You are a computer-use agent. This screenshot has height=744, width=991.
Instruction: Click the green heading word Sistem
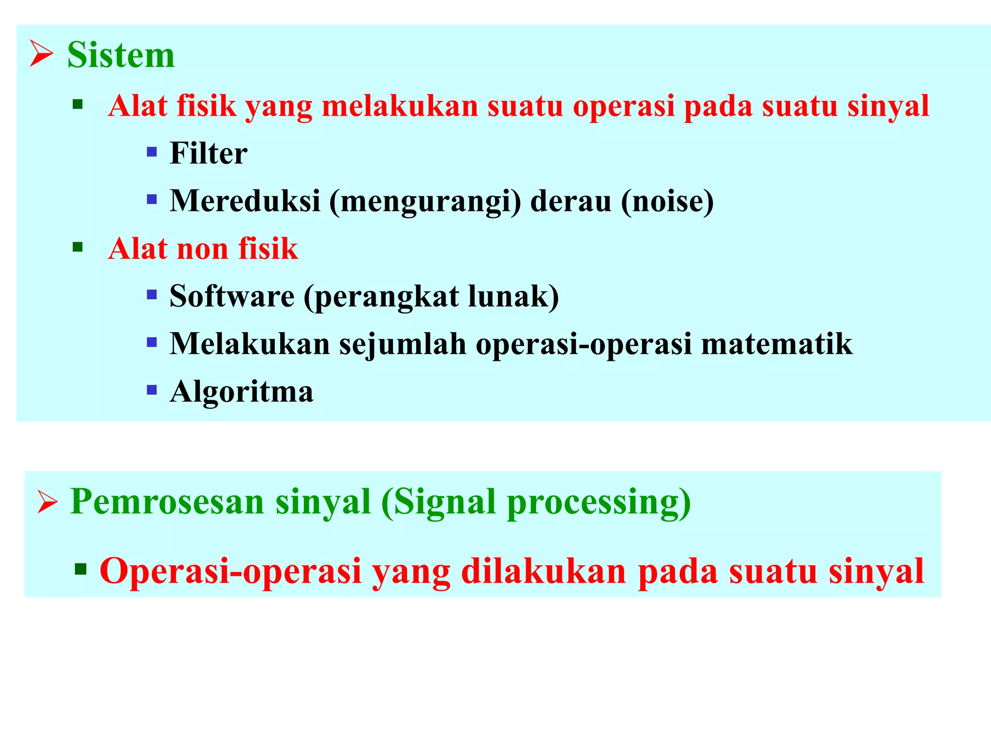click(120, 55)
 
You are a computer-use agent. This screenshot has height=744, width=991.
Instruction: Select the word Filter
click(209, 154)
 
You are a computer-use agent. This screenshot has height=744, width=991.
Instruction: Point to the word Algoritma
click(241, 391)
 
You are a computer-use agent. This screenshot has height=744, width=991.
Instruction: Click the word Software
click(232, 296)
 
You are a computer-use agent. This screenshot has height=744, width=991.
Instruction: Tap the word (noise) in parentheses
click(667, 201)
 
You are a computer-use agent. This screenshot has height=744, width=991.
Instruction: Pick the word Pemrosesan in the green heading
click(167, 502)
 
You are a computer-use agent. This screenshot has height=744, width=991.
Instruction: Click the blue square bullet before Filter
click(151, 153)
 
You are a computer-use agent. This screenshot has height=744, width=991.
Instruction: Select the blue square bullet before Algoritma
click(151, 390)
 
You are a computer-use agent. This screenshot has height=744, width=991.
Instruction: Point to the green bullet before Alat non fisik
click(77, 248)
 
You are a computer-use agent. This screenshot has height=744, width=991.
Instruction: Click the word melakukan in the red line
click(400, 106)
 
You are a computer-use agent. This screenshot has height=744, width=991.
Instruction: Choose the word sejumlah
click(402, 344)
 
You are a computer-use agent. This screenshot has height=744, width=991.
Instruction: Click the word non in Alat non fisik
click(202, 249)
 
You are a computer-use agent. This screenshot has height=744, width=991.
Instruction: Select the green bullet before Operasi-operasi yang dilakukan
click(80, 569)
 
